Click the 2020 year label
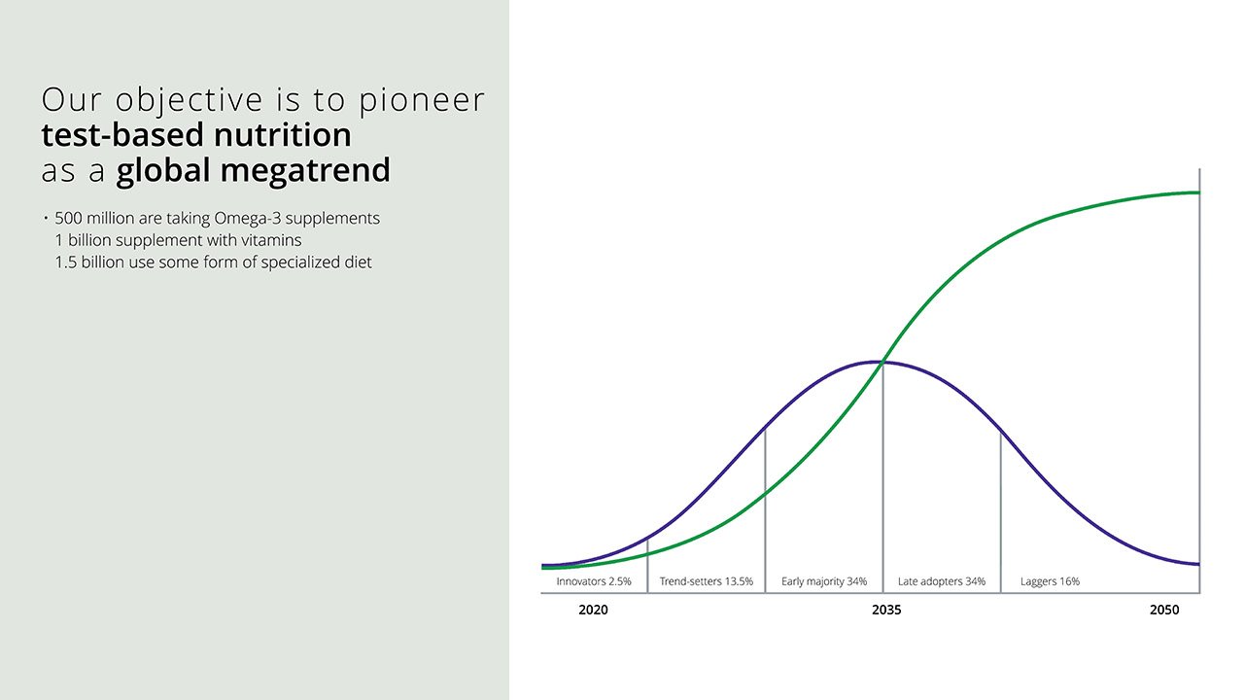click(x=593, y=611)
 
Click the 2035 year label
click(x=886, y=611)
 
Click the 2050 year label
click(x=1163, y=611)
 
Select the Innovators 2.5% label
click(x=594, y=581)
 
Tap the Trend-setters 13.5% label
click(x=707, y=581)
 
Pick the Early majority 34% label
click(x=824, y=581)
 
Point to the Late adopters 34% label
click(x=942, y=581)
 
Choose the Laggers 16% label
click(x=1050, y=581)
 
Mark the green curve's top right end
click(x=1198, y=192)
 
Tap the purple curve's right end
click(x=1198, y=564)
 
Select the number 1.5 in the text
click(x=65, y=262)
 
